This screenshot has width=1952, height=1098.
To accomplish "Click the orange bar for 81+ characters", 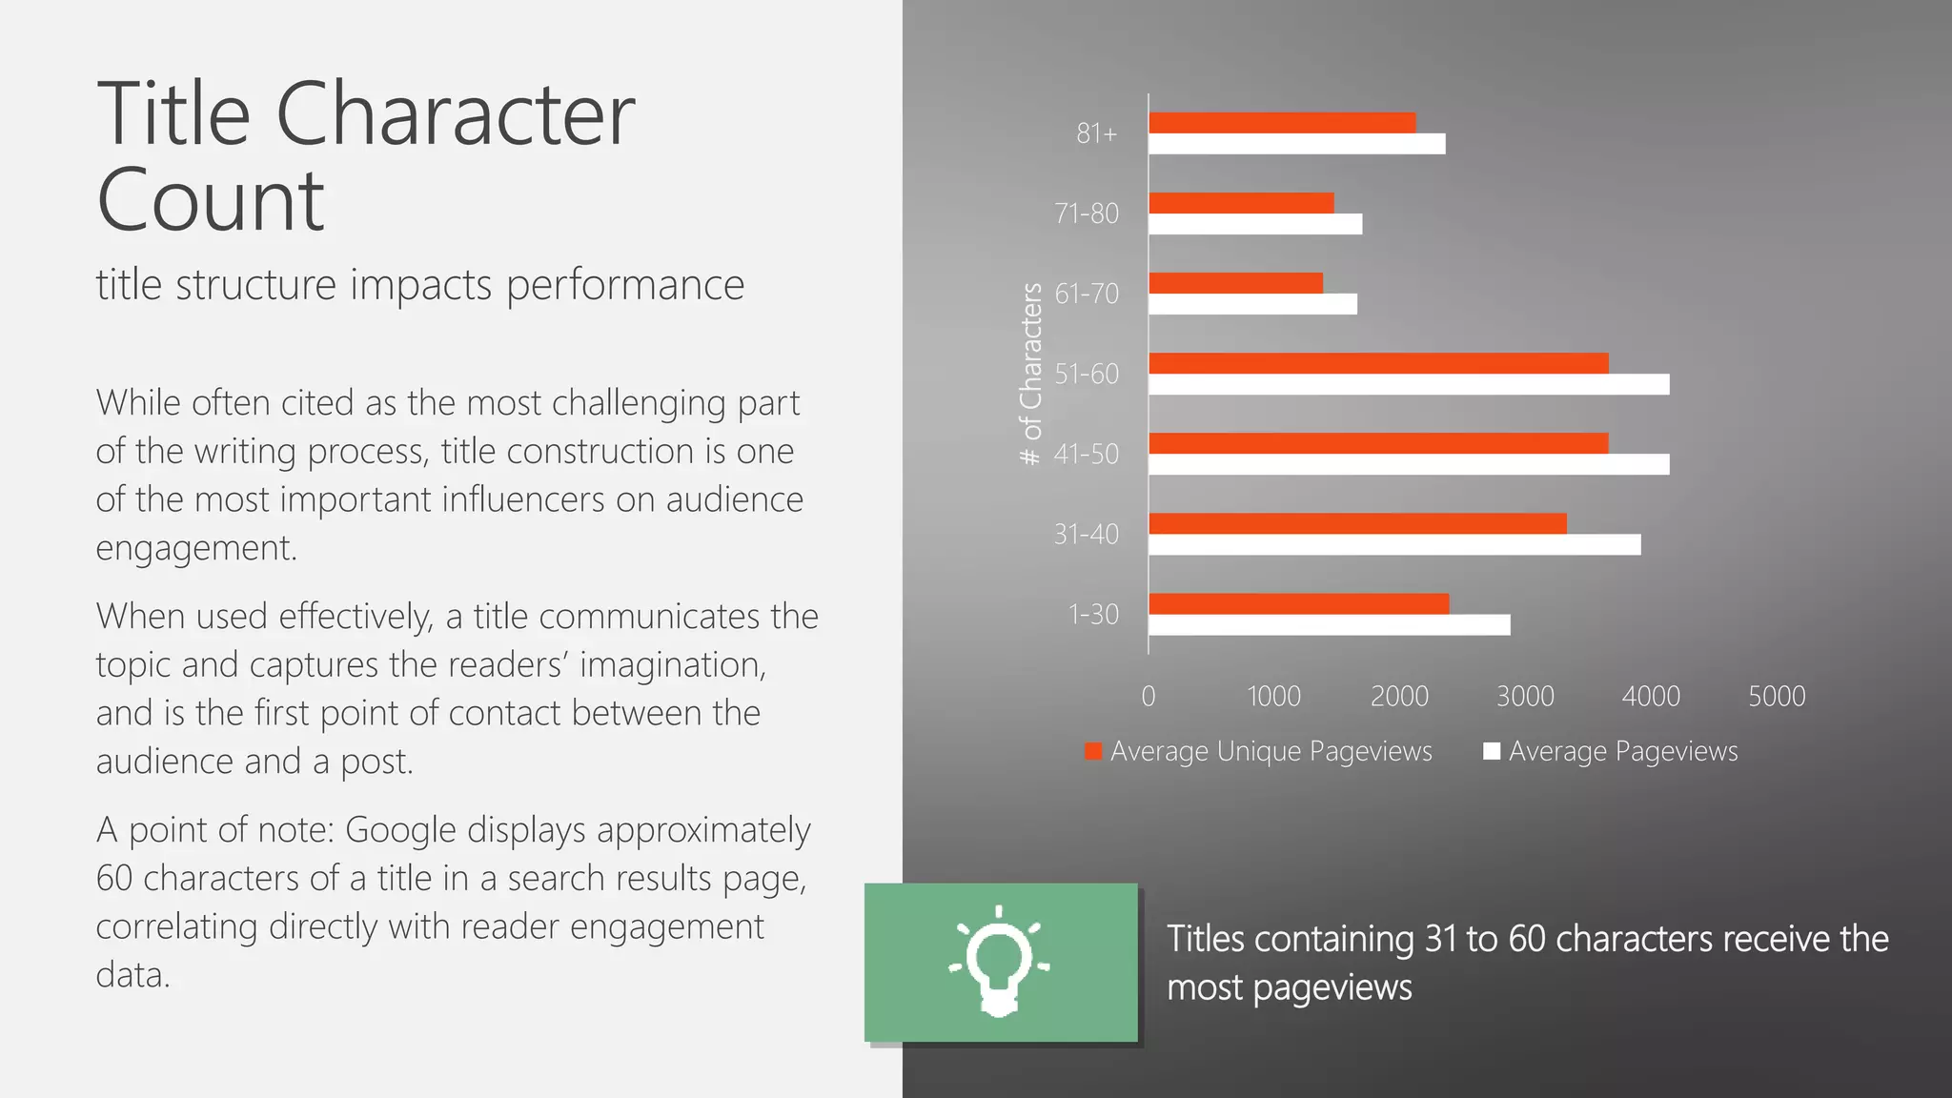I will (1282, 123).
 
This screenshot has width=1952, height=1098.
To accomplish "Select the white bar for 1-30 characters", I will (1329, 625).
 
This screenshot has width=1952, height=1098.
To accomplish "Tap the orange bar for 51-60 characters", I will (1378, 363).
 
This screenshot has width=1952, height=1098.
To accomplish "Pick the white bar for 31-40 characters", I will (1394, 544).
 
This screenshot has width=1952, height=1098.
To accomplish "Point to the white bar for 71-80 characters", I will (1255, 224).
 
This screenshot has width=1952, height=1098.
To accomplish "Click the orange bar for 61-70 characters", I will (1235, 283).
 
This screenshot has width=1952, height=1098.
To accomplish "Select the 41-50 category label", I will (1087, 454).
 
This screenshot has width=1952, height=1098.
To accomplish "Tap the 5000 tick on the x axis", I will (1777, 697).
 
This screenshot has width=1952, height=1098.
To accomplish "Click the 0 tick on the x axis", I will (1149, 697).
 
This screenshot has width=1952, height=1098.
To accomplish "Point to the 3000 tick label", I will (1525, 697).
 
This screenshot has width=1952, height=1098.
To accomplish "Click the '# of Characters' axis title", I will (1031, 374).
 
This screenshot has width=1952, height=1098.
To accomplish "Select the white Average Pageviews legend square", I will (1493, 751).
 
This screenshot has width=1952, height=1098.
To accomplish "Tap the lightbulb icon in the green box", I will (999, 961).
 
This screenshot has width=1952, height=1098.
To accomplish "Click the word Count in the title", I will (211, 200).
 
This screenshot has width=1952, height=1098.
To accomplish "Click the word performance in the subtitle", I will (624, 285).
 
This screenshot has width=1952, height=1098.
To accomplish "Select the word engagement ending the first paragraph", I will (195, 549).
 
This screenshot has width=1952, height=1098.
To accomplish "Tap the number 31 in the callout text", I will (1440, 939).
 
